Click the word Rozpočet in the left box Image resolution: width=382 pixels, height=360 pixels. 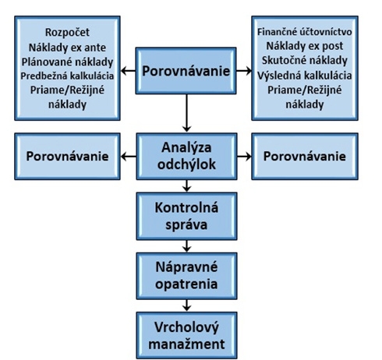[67, 33]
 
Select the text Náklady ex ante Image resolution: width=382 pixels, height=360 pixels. [67, 48]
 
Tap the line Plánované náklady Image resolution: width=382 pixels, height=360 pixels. [67, 62]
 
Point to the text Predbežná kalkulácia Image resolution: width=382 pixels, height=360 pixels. [67, 76]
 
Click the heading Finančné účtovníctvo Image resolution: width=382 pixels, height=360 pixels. [305, 32]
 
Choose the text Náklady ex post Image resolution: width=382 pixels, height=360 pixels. [305, 46]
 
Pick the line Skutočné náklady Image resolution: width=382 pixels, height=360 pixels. [305, 60]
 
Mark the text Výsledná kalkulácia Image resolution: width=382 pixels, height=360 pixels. [305, 76]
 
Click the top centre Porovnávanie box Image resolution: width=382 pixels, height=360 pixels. [186, 71]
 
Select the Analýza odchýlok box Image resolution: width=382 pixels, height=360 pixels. [186, 157]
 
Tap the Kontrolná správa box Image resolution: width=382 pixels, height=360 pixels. [186, 216]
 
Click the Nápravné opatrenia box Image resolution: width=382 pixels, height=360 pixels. [186, 276]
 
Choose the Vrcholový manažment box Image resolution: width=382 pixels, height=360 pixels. [186, 335]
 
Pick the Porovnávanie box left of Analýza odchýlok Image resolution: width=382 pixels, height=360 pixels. [67, 157]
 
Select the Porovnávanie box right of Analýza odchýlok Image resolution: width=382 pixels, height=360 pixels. [305, 157]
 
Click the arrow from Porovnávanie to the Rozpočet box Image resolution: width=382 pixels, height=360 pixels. [128, 71]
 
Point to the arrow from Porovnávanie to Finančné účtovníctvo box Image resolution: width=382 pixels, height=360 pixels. [244, 71]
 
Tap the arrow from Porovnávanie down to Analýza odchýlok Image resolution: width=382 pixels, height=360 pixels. [186, 113]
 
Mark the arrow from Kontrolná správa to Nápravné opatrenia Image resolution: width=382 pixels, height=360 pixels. [186, 246]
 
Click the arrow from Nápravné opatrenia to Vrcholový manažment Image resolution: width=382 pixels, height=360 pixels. [186, 305]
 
